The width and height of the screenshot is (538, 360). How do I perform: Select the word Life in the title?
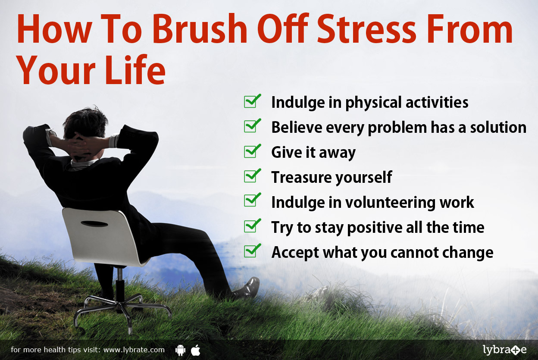[x=135, y=69]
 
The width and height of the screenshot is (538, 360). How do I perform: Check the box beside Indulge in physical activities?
[x=252, y=101]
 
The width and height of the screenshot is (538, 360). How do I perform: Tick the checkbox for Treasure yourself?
[x=252, y=176]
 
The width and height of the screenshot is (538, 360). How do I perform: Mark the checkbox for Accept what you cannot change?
[x=252, y=251]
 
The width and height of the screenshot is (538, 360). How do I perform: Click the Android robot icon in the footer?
[x=180, y=350]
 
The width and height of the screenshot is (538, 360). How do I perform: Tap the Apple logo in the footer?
[x=196, y=350]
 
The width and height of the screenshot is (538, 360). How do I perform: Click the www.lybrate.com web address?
[x=134, y=350]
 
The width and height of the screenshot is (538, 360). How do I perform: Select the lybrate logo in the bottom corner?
[x=505, y=350]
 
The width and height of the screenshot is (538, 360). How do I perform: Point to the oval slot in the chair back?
[x=94, y=224]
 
